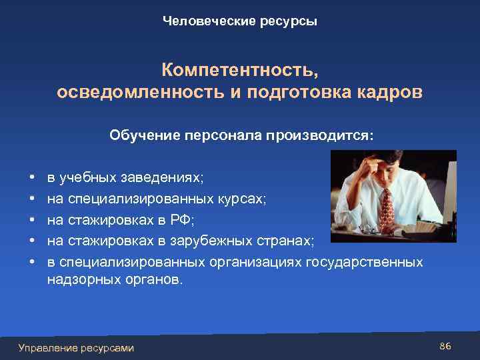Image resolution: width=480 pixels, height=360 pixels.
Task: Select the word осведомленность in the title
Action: pyautogui.click(x=136, y=92)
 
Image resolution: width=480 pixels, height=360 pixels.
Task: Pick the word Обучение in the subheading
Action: pyautogui.click(x=143, y=135)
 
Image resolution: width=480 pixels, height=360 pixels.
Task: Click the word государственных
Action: pyautogui.click(x=363, y=262)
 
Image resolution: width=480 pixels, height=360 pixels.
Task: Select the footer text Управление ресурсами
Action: pyautogui.click(x=76, y=347)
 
